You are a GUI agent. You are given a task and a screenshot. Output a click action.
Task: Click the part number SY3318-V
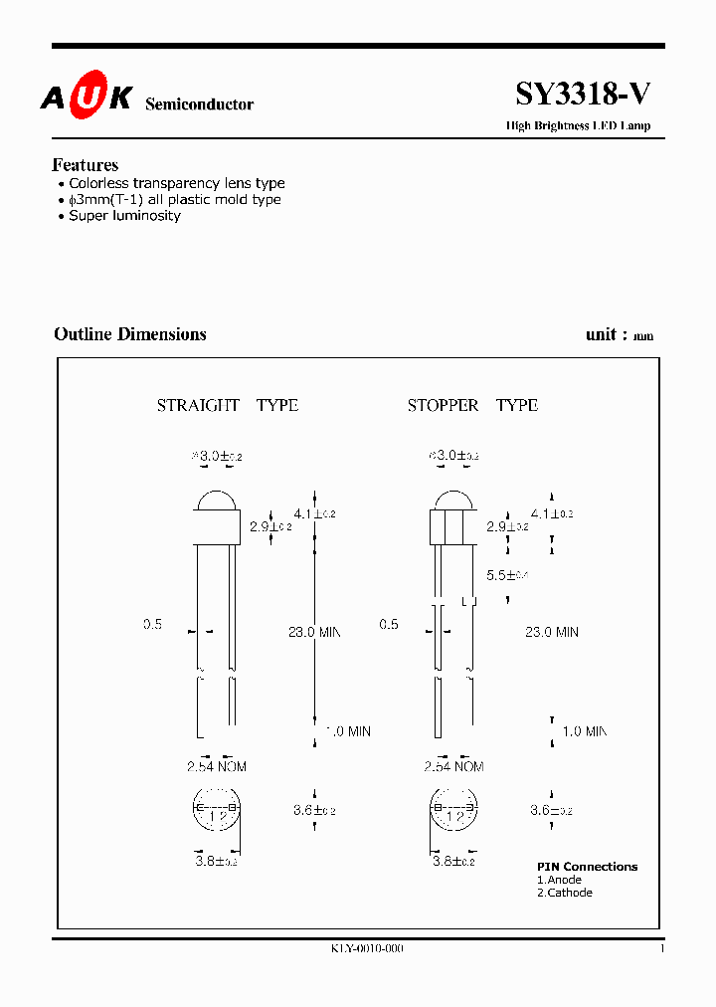point(583,95)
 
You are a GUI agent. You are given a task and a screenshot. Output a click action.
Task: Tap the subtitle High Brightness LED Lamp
point(578,126)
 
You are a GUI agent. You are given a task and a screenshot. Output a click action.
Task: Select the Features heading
point(85,165)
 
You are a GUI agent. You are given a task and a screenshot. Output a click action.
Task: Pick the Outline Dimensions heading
point(130,334)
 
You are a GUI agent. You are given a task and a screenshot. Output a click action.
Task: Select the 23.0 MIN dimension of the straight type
point(314,632)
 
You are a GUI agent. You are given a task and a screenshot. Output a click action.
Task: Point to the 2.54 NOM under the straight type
point(216,766)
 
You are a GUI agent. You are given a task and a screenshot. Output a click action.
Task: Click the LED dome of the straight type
point(218,502)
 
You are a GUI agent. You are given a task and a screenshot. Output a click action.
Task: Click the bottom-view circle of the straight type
point(217,812)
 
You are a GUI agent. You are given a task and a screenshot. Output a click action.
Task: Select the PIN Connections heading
point(587,867)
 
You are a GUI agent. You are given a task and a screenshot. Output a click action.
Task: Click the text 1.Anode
point(559,880)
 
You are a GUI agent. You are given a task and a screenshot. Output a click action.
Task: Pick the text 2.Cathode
point(564,893)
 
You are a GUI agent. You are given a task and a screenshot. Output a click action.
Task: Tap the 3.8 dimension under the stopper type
point(453,861)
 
